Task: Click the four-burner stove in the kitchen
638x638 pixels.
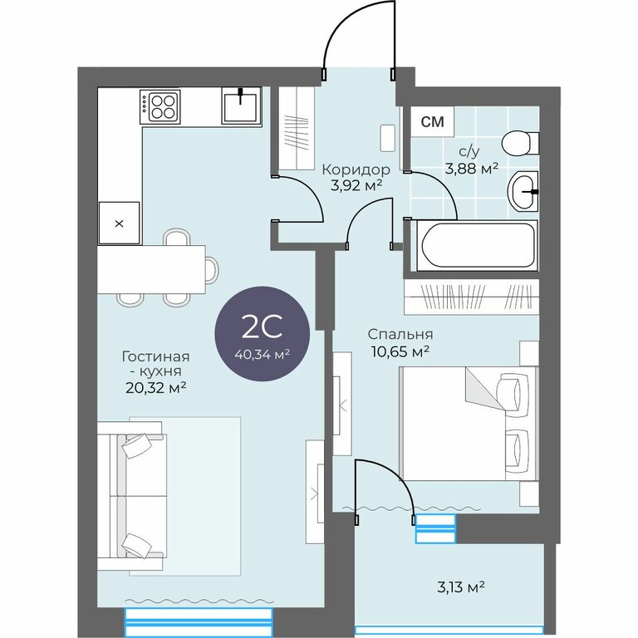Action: point(159,106)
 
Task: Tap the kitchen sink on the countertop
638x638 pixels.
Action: point(241,106)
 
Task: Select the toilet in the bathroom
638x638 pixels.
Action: point(520,143)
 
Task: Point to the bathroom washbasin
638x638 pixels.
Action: point(523,191)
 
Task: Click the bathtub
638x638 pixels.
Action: point(477,245)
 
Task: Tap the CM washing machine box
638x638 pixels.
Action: point(432,121)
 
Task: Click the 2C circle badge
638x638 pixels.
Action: point(262,334)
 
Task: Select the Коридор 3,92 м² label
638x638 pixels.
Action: point(356,177)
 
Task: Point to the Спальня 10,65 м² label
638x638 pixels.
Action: point(400,342)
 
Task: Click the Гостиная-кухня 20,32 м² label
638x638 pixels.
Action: point(156,372)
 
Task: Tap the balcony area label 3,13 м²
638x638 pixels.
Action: point(460,587)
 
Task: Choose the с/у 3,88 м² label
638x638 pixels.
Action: point(472,159)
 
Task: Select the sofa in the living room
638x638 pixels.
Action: point(132,496)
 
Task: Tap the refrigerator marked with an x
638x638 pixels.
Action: point(120,223)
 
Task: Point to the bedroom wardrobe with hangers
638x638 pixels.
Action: point(472,297)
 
